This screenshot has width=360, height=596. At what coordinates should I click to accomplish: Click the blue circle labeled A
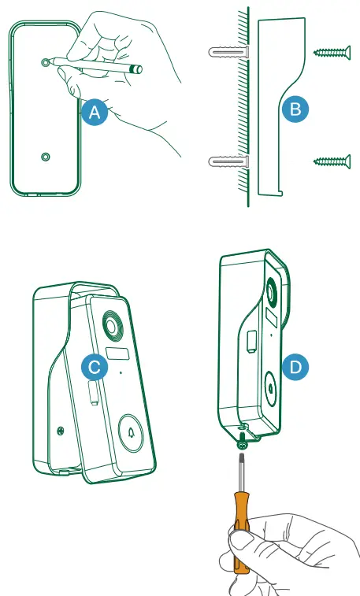click(95, 112)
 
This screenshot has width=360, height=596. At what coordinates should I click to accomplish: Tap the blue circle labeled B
click(295, 109)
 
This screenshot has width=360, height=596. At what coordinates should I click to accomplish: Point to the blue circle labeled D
click(295, 365)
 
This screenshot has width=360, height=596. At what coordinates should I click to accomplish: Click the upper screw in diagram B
click(331, 53)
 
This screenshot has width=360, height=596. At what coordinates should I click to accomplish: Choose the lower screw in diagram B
click(331, 161)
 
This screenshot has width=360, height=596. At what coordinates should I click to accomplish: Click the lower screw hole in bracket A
click(45, 157)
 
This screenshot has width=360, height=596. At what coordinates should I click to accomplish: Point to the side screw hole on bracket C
click(60, 429)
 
